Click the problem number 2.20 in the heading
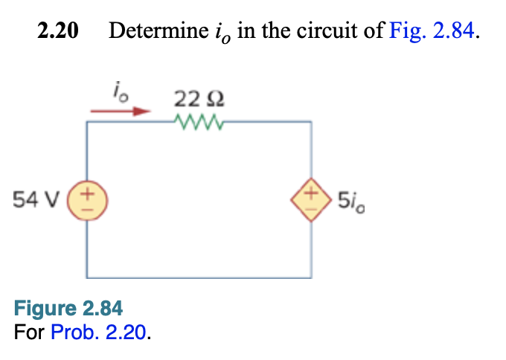point(58,32)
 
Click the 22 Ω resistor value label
point(198,97)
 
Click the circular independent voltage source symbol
point(89,201)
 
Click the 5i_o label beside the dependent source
point(350,200)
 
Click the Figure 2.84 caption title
point(68,308)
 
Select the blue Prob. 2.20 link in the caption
point(100,330)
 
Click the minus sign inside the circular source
point(89,209)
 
